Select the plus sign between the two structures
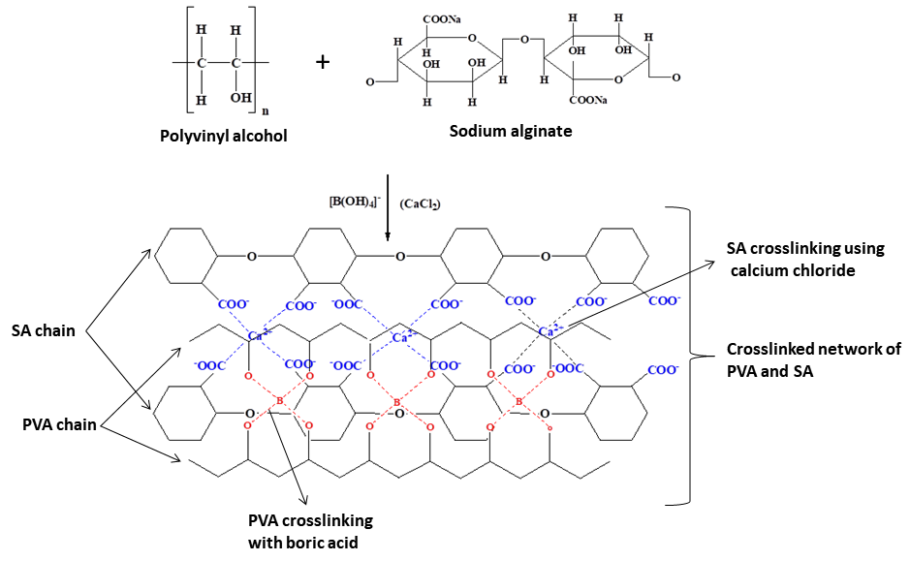[x=323, y=62]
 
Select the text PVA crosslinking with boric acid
[x=311, y=531]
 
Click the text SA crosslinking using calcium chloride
[x=806, y=260]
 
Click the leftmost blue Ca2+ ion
[x=259, y=335]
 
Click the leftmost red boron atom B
[x=279, y=400]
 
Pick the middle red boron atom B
[x=397, y=400]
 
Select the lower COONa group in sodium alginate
[x=588, y=101]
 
